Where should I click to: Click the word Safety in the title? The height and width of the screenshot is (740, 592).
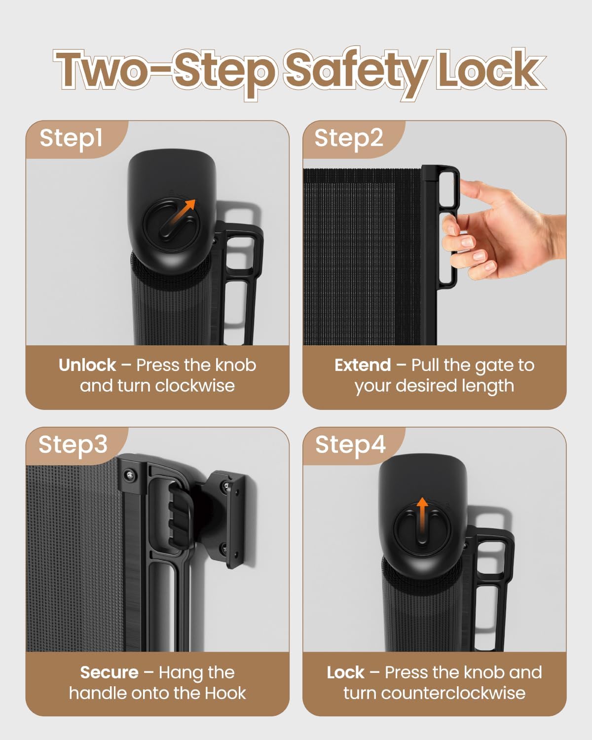(x=358, y=72)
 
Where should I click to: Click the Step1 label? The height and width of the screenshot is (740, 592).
(x=71, y=139)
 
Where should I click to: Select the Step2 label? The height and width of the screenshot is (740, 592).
(x=348, y=139)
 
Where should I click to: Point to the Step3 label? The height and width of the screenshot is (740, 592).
(x=73, y=445)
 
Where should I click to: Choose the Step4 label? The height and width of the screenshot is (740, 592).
(x=350, y=445)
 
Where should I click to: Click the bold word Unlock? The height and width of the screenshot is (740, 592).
(x=87, y=365)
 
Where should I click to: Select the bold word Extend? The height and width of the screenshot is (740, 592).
(x=363, y=365)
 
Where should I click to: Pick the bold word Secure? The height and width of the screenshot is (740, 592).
(x=110, y=672)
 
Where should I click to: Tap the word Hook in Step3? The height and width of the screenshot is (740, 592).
(x=225, y=693)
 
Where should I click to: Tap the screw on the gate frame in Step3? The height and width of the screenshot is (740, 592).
(x=130, y=476)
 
